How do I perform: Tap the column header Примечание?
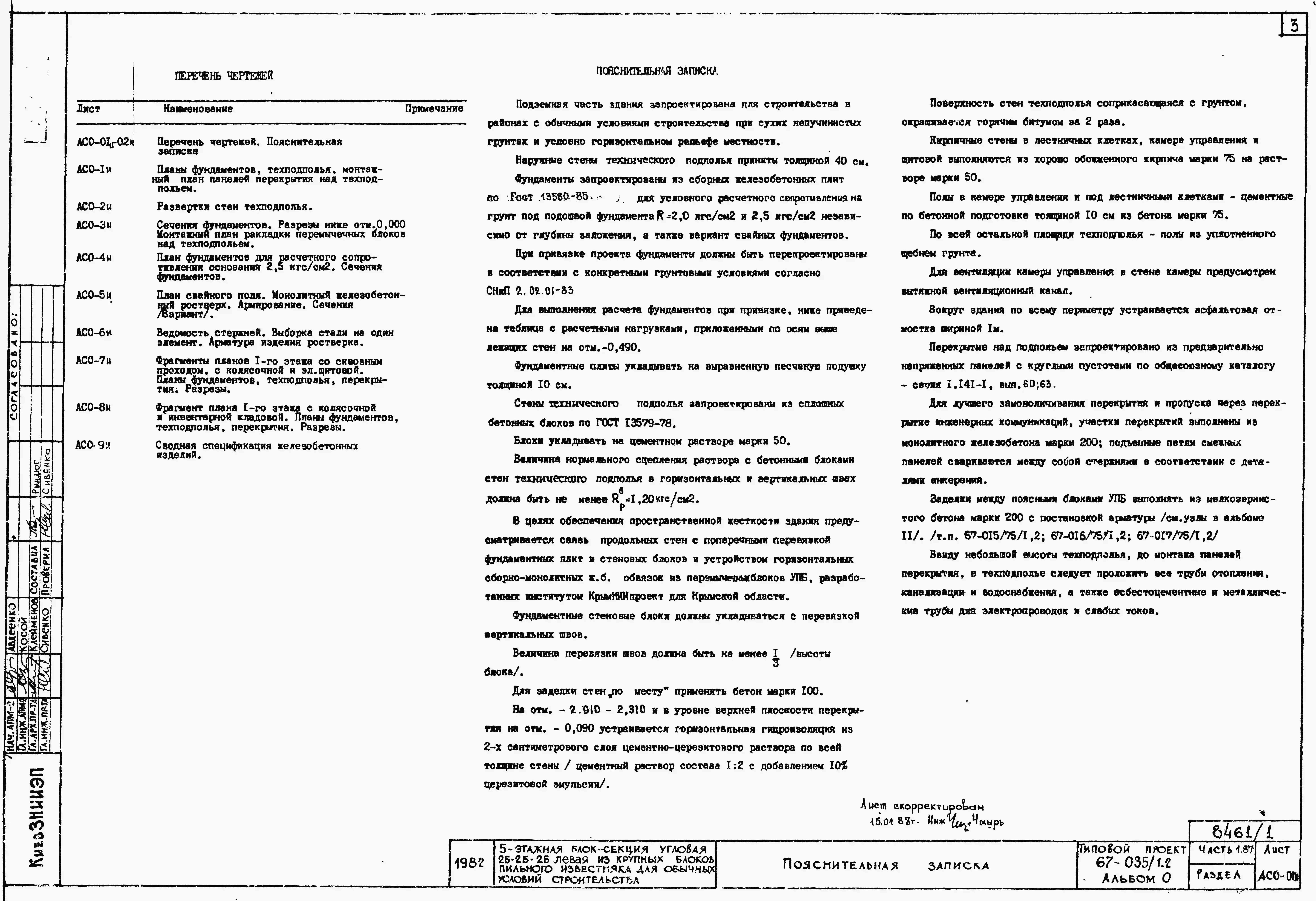[x=434, y=108]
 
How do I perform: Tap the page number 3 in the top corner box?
[x=1294, y=26]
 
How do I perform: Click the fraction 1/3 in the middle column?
[x=775, y=657]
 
